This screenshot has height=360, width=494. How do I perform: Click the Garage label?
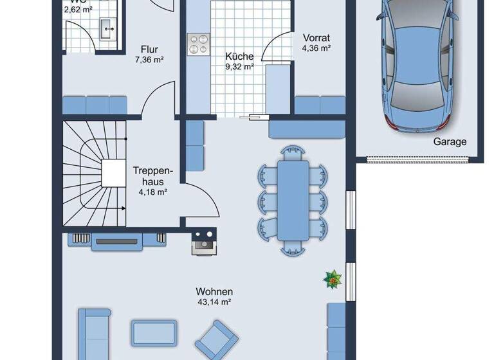coord(450,142)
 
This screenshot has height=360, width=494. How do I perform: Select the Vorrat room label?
coord(316,38)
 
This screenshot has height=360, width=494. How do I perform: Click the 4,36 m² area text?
coord(316,48)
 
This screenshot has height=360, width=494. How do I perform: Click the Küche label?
coord(239,56)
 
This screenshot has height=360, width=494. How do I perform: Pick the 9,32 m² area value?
coord(239,66)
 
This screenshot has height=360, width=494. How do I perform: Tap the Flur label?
coord(149,50)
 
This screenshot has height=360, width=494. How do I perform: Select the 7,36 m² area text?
coord(149,60)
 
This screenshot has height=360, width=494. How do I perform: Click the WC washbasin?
coord(106,26)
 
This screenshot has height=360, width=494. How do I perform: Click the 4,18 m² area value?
coord(153,192)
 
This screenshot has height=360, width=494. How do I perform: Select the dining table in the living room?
coord(293,199)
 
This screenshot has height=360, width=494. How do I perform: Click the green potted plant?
coord(333,278)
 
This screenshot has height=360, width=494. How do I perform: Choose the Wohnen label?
coord(215,291)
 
